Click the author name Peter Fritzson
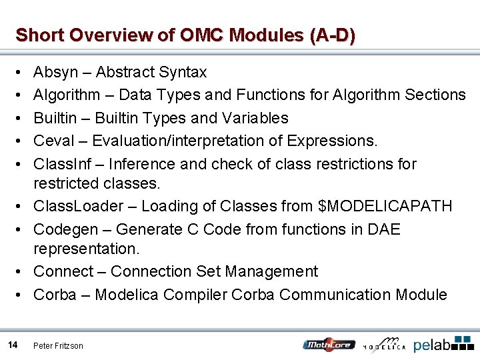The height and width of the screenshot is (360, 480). (59, 346)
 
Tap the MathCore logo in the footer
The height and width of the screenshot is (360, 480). (328, 345)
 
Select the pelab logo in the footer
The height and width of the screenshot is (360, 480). (443, 344)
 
